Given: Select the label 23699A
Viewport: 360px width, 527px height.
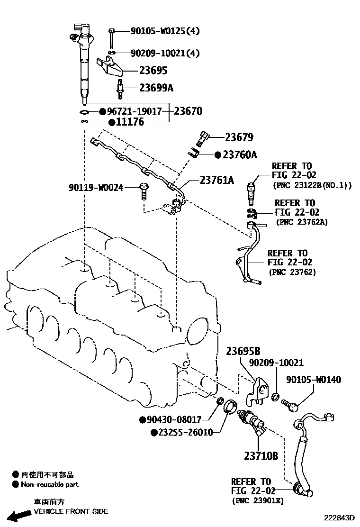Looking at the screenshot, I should (x=156, y=88).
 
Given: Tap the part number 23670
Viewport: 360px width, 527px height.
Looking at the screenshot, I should (x=188, y=111).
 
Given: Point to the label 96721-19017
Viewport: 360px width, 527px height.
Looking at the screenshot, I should (x=134, y=111).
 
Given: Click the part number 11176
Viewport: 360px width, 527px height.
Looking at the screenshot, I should (x=130, y=122).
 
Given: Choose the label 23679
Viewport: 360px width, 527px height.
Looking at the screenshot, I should (x=239, y=137).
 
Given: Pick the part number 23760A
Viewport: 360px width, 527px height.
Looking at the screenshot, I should (x=240, y=154).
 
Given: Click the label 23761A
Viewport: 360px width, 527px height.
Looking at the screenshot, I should (x=217, y=180).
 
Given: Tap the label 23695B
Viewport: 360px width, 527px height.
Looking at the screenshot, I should (x=243, y=351).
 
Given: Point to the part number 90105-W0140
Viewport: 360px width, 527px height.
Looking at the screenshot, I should (x=313, y=380).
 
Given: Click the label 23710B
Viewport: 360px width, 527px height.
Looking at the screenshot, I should (x=261, y=456).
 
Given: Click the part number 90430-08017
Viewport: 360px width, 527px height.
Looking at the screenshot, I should (x=174, y=419).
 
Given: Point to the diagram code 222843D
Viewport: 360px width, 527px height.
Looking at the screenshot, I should (x=339, y=519).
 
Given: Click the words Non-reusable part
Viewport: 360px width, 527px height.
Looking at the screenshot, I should (x=50, y=484).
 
